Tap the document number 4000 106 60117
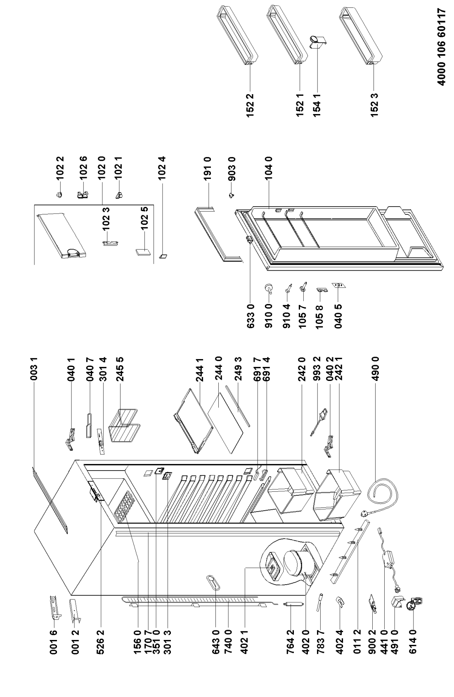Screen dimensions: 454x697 coord(441,47)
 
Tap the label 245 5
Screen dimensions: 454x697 coord(120,369)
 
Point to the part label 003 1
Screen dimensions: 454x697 coord(34,369)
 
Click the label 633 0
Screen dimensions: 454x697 coord(251,316)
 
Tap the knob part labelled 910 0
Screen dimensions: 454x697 coord(269,288)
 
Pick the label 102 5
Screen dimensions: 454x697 coord(144,218)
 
